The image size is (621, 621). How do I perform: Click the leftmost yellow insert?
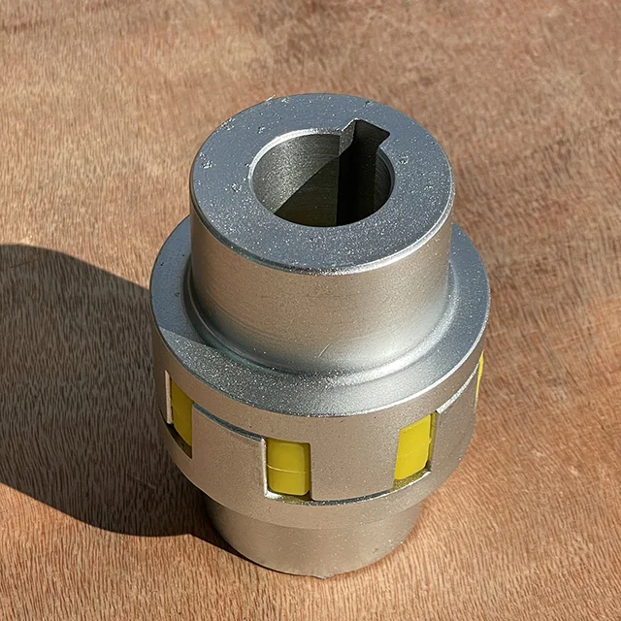(x=181, y=411)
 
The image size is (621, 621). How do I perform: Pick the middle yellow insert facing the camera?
(x=288, y=466)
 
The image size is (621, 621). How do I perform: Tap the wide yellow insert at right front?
(x=413, y=446)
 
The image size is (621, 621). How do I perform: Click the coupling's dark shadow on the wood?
(x=78, y=388)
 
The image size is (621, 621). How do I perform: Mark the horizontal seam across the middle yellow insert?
(x=288, y=470)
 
